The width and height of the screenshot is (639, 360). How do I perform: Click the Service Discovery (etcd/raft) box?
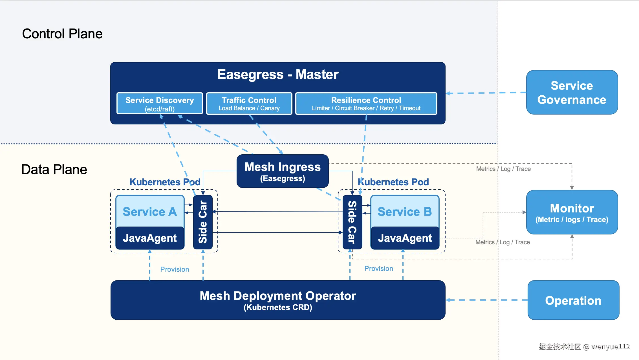[x=160, y=104]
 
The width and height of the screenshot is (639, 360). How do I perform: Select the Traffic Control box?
[x=249, y=104]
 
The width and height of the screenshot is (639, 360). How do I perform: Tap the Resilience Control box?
[x=366, y=104]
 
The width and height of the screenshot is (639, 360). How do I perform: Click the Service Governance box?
[x=572, y=93]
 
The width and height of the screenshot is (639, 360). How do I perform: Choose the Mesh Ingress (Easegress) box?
[x=283, y=171]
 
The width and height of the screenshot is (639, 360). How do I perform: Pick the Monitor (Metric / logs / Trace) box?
[x=572, y=212]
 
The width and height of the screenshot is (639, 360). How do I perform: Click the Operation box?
[x=573, y=300]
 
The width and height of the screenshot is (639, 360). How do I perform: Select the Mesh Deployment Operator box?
[x=278, y=300]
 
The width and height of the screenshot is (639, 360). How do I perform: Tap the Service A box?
[x=150, y=211]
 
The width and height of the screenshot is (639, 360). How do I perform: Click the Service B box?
[x=405, y=211]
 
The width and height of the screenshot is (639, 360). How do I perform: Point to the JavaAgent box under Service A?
[x=150, y=238]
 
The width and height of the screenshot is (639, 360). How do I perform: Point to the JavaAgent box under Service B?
[x=405, y=238]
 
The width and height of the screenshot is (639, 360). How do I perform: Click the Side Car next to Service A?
[x=203, y=222]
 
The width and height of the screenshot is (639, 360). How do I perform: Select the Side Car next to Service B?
[x=352, y=222]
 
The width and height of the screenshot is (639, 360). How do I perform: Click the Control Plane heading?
[x=62, y=34]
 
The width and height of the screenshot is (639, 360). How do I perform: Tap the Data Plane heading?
[x=54, y=170]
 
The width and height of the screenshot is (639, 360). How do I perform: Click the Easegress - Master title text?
[x=278, y=74]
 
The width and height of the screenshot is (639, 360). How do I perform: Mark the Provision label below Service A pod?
[x=175, y=269]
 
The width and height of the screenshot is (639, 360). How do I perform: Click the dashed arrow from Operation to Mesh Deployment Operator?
[x=486, y=300]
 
